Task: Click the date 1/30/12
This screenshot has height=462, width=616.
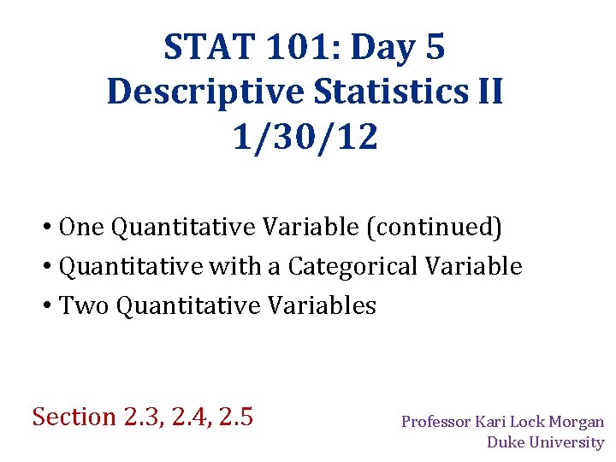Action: click(305, 136)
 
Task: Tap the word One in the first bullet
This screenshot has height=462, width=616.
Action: click(83, 228)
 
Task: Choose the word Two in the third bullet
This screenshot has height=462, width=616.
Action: click(85, 306)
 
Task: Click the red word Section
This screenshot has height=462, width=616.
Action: click(74, 417)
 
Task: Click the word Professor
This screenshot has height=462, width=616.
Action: click(437, 422)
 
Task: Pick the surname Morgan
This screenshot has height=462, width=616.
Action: click(577, 422)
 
